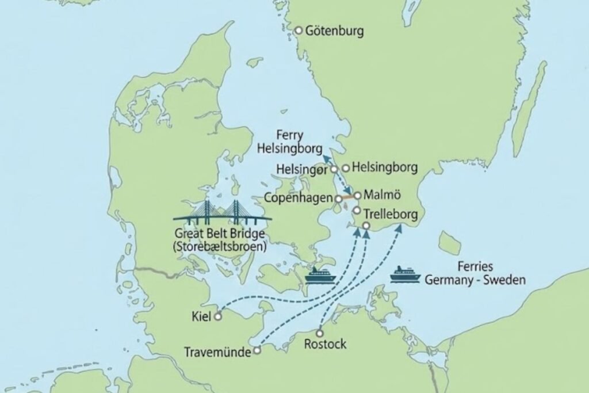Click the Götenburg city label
point(335,31)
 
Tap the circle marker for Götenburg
point(299,30)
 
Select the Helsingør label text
point(301,170)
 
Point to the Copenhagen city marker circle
point(338,199)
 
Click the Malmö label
point(380,196)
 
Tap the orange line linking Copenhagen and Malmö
point(347,197)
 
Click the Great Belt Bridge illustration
point(222,214)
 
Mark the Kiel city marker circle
point(217,316)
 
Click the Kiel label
point(202,316)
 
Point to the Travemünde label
point(218,352)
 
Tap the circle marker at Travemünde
point(258,349)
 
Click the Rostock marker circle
point(320,333)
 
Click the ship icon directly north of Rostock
point(320,276)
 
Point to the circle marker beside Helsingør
point(334,170)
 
